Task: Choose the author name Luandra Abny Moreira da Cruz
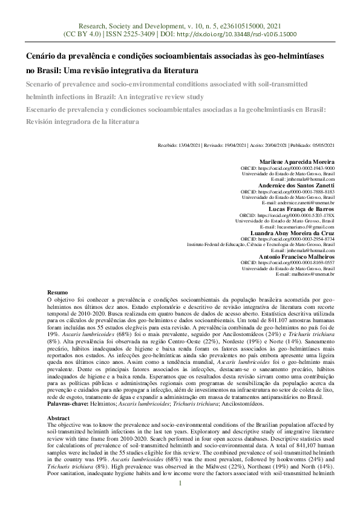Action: [292, 233]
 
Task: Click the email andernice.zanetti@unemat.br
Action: [303, 203]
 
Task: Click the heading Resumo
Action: [57, 292]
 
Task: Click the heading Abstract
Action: [59, 418]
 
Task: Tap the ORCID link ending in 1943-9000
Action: [304, 169]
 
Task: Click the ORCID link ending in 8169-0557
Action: [304, 262]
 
